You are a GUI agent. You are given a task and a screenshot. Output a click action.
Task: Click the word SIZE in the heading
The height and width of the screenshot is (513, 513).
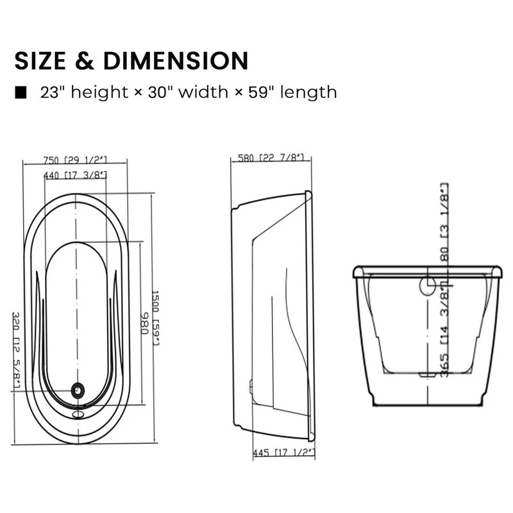pyautogui.click(x=42, y=60)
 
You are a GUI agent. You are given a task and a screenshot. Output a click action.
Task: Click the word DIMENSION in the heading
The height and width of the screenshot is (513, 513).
pyautogui.click(x=174, y=60)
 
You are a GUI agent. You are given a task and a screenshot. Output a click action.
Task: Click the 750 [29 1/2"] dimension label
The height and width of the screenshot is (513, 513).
pyautogui.click(x=75, y=160)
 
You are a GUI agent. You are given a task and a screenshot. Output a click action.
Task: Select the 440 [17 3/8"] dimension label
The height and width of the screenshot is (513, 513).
pyautogui.click(x=75, y=174)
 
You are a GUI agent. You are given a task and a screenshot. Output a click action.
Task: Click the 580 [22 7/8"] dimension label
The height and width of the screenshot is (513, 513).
pyautogui.click(x=271, y=158)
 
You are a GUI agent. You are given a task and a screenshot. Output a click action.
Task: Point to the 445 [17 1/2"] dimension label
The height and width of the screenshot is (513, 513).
pyautogui.click(x=283, y=453)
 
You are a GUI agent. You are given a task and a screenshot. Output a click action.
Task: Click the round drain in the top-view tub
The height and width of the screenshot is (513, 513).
pyautogui.click(x=78, y=389)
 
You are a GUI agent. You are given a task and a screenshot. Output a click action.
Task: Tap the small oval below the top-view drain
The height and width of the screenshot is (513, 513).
pyautogui.click(x=78, y=413)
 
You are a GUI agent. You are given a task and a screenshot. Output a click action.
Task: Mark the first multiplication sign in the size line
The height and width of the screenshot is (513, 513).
pyautogui.click(x=139, y=93)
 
